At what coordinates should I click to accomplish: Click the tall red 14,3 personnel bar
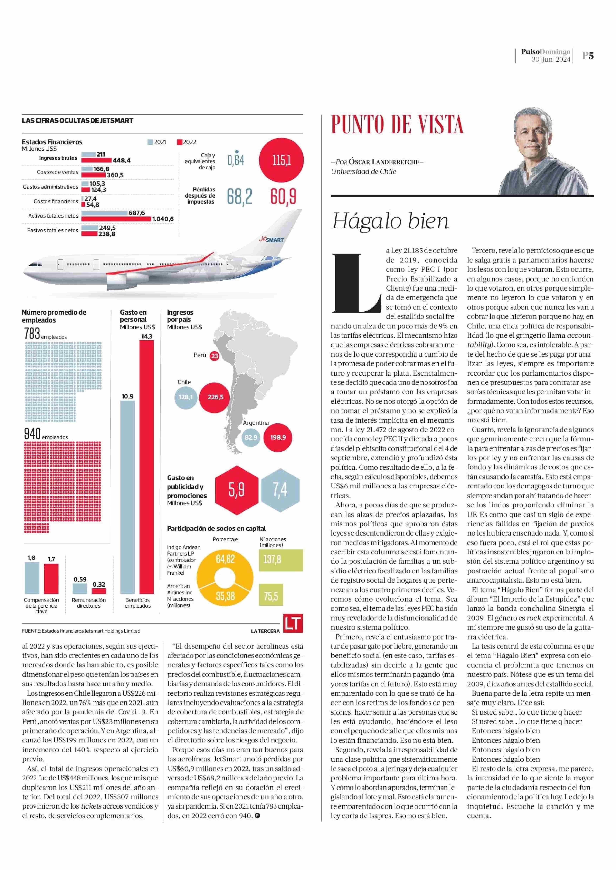point(147,466)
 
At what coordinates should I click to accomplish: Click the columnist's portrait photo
point(546,152)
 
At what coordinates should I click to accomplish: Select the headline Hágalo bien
point(390,221)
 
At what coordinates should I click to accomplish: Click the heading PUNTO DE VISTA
point(397,124)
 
